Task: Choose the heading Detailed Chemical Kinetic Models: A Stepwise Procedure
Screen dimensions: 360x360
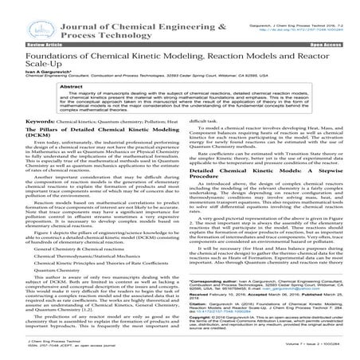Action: pos(247,172)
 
